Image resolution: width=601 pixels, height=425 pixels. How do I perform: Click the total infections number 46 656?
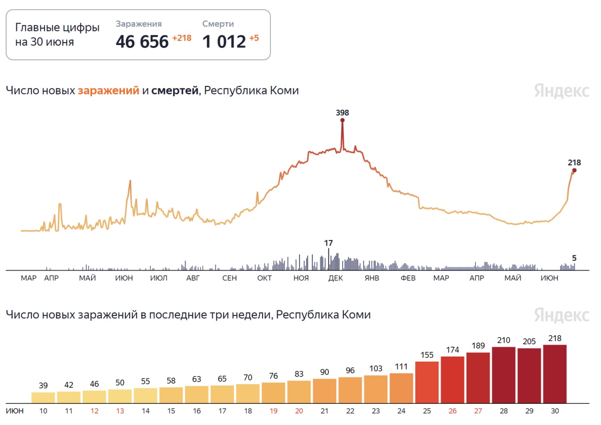pos(142,42)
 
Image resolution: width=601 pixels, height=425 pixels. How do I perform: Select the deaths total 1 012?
pos(224,42)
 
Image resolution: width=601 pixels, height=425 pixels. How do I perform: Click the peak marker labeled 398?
pos(342,120)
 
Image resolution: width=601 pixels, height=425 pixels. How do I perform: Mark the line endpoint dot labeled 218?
pos(574,170)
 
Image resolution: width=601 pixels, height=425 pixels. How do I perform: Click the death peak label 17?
pos(328,243)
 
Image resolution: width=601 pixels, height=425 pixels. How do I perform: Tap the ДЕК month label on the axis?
pos(335,278)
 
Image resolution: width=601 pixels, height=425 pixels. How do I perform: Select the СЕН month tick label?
pos(229,278)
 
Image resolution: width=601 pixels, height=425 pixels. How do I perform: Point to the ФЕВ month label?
pos(408,278)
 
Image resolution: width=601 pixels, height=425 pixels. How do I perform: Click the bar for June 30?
pos(555,374)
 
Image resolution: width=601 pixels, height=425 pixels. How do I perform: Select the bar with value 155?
pos(427,382)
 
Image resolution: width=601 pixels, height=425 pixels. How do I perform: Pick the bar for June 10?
pos(43,397)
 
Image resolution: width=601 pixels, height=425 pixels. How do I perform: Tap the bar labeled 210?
pos(503,375)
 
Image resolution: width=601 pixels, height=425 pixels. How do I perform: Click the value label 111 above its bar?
pos(401,367)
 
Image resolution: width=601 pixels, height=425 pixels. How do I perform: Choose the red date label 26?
pos(453,411)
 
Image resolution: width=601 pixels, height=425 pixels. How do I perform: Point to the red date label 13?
pos(120,411)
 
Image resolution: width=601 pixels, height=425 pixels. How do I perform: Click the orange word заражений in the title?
pos(108,91)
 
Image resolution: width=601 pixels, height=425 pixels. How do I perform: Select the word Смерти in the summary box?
pos(218,24)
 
